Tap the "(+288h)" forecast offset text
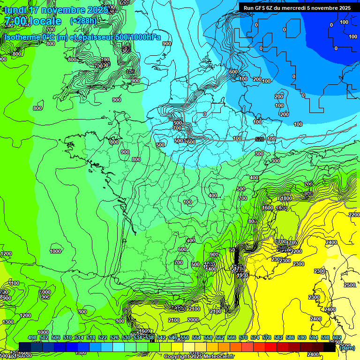pos(83,21)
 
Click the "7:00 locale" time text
pos(32,21)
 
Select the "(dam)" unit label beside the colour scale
pos(346,348)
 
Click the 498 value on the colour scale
pos(32,337)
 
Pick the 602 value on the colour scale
pos(337,337)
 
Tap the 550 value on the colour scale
pos(185,337)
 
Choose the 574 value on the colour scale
pos(255,337)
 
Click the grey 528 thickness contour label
pos(260,139)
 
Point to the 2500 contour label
pos(349,285)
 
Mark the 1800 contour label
pos(286,198)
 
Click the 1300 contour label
pos(8,322)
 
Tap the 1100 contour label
pos(14,283)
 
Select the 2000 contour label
pos(193,320)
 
